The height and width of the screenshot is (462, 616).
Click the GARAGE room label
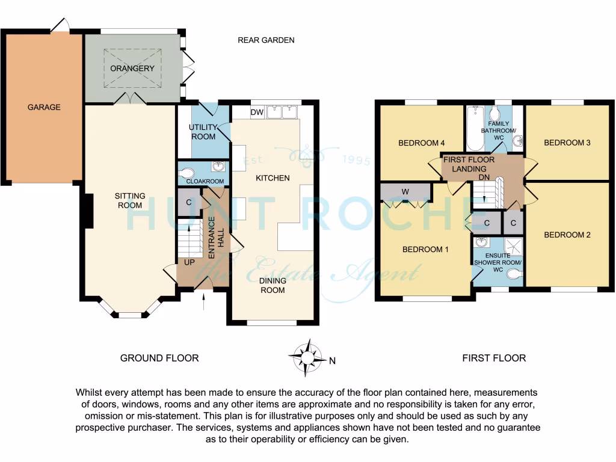tap(44, 107)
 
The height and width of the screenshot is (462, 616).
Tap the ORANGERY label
tap(132, 69)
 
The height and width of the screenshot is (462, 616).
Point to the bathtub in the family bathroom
tap(475, 128)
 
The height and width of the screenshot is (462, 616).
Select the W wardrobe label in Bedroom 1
tap(405, 192)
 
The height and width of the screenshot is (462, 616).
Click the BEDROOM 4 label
tap(422, 143)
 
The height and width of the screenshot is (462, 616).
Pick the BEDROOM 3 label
tap(564, 143)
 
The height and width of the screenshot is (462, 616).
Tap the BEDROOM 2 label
tap(567, 235)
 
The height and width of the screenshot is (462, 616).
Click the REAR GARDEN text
tap(266, 40)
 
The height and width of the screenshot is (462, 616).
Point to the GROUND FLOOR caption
tap(159, 358)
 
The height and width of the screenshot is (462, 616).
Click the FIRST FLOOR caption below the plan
tap(494, 358)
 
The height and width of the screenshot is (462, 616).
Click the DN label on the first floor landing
tap(483, 177)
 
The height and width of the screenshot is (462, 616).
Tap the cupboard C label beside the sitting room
tap(189, 202)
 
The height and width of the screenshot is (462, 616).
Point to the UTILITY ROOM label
tap(202, 132)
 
